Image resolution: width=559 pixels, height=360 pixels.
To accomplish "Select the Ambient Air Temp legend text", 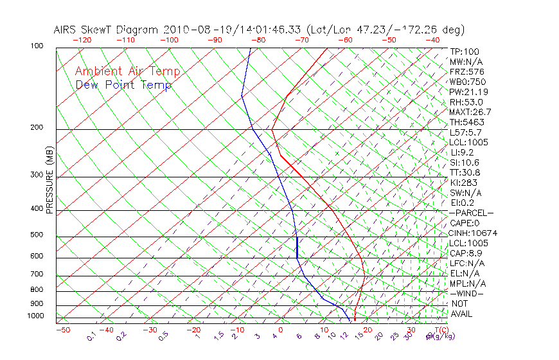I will (127, 71).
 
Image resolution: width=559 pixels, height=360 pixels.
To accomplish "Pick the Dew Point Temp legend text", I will (123, 85).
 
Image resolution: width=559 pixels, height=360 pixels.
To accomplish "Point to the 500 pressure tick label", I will (37, 235).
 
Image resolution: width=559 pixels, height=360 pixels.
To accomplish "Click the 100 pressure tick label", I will (37, 46).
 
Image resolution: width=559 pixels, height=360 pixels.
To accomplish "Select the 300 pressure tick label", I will (37, 175).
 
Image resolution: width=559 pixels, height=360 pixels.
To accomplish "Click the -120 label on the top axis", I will (82, 39).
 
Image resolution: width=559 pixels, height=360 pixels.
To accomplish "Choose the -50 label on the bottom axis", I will (62, 330).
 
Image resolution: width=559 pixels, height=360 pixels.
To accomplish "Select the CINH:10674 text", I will (474, 233).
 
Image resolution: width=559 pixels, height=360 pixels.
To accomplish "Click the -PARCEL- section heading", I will (471, 213).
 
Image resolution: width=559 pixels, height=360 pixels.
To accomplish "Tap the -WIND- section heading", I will (466, 293).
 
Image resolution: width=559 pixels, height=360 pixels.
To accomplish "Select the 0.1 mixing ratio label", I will (92, 336).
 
